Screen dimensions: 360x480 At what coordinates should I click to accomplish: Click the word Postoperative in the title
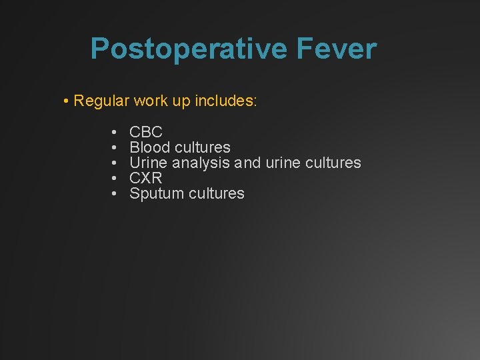click(178, 49)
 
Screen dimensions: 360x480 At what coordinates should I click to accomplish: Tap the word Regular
click(102, 101)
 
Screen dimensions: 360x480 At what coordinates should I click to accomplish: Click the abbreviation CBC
click(146, 132)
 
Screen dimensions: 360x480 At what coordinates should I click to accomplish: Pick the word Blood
click(150, 147)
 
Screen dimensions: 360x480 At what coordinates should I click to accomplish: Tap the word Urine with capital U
click(149, 163)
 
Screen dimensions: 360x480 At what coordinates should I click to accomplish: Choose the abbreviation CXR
click(146, 178)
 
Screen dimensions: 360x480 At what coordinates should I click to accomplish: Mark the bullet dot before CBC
click(115, 132)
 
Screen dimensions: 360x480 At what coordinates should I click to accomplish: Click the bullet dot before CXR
click(115, 178)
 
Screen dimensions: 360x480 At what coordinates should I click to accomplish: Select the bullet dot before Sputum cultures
click(115, 194)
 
